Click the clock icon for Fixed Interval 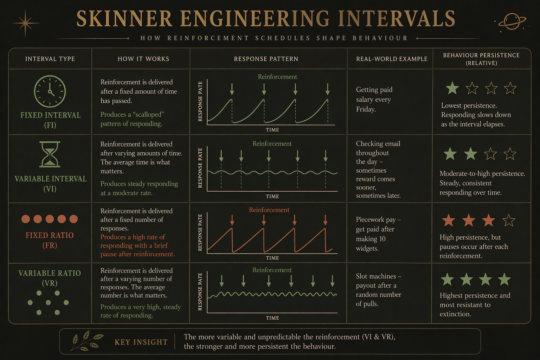tap(50, 91)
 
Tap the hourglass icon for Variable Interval tap(50, 154)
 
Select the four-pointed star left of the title tap(25, 23)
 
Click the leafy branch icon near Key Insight tap(86, 341)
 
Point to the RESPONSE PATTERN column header tap(266, 59)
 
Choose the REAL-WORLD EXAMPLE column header tap(392, 59)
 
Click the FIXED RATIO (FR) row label tap(50, 240)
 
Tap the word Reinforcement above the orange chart tap(269, 210)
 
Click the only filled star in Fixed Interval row tap(452, 88)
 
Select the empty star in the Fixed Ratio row tap(508, 221)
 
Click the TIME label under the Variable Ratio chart tap(272, 318)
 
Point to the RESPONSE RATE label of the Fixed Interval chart tap(200, 102)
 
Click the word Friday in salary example tap(366, 109)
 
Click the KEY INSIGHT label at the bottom tap(141, 342)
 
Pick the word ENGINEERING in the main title tap(255, 19)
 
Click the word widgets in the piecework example tap(367, 249)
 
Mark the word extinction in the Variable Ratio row tap(455, 314)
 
